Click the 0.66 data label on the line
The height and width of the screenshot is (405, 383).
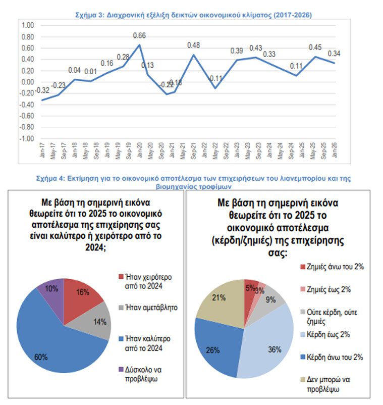point(139,35)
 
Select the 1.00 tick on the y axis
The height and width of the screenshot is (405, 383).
point(28,25)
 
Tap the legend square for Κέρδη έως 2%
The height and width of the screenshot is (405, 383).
point(303,334)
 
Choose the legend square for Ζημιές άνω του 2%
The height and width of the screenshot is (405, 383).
point(303,267)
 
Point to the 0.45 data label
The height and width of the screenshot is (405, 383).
point(316,47)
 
